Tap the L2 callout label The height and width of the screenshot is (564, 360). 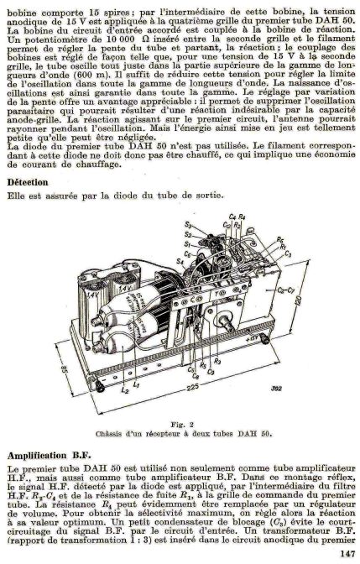pos(125,389)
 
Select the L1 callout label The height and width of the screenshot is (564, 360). pos(136,384)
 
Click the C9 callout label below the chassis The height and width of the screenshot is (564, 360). pos(211,373)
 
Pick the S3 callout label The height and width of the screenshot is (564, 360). pos(188,225)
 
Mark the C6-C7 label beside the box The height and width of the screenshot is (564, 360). pos(287,290)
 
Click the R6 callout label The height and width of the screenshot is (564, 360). pos(280,239)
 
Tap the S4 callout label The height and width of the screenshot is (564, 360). pos(180,262)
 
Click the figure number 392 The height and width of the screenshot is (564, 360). pos(276,388)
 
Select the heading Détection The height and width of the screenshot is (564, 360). pos(28,182)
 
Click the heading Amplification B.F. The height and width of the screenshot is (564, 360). pos(50,456)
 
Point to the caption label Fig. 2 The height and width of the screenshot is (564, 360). pos(182,424)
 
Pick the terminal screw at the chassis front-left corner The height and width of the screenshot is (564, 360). pos(99,386)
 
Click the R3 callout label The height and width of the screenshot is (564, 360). pos(217,360)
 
